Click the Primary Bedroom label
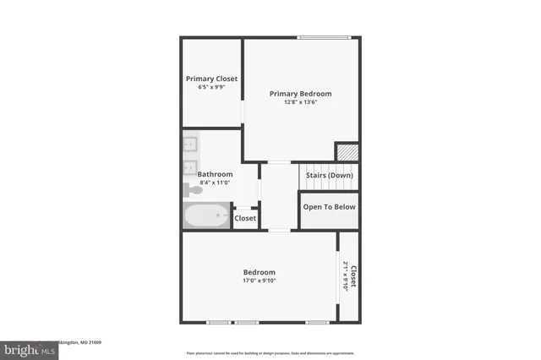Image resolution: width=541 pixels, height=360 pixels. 300,94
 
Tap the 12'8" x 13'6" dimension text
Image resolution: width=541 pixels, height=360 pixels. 300,103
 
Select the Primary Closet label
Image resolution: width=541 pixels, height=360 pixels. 211,79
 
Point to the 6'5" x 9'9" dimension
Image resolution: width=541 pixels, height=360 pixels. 211,87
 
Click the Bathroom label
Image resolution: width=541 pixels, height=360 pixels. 215,174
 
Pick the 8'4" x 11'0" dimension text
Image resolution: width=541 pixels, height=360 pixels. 215,183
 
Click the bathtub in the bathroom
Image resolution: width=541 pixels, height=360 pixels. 205,215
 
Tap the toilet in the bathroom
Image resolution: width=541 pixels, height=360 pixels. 191,189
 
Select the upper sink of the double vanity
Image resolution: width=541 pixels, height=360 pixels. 191,144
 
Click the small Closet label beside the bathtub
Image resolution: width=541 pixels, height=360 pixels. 245,218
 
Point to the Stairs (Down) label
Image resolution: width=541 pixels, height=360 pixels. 329,175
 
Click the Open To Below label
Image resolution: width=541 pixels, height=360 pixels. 329,207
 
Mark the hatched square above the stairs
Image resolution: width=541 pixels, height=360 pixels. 346,152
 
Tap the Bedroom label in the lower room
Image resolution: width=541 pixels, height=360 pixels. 259,272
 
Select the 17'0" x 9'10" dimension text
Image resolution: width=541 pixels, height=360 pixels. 259,281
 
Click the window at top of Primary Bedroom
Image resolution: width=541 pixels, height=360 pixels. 324,37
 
